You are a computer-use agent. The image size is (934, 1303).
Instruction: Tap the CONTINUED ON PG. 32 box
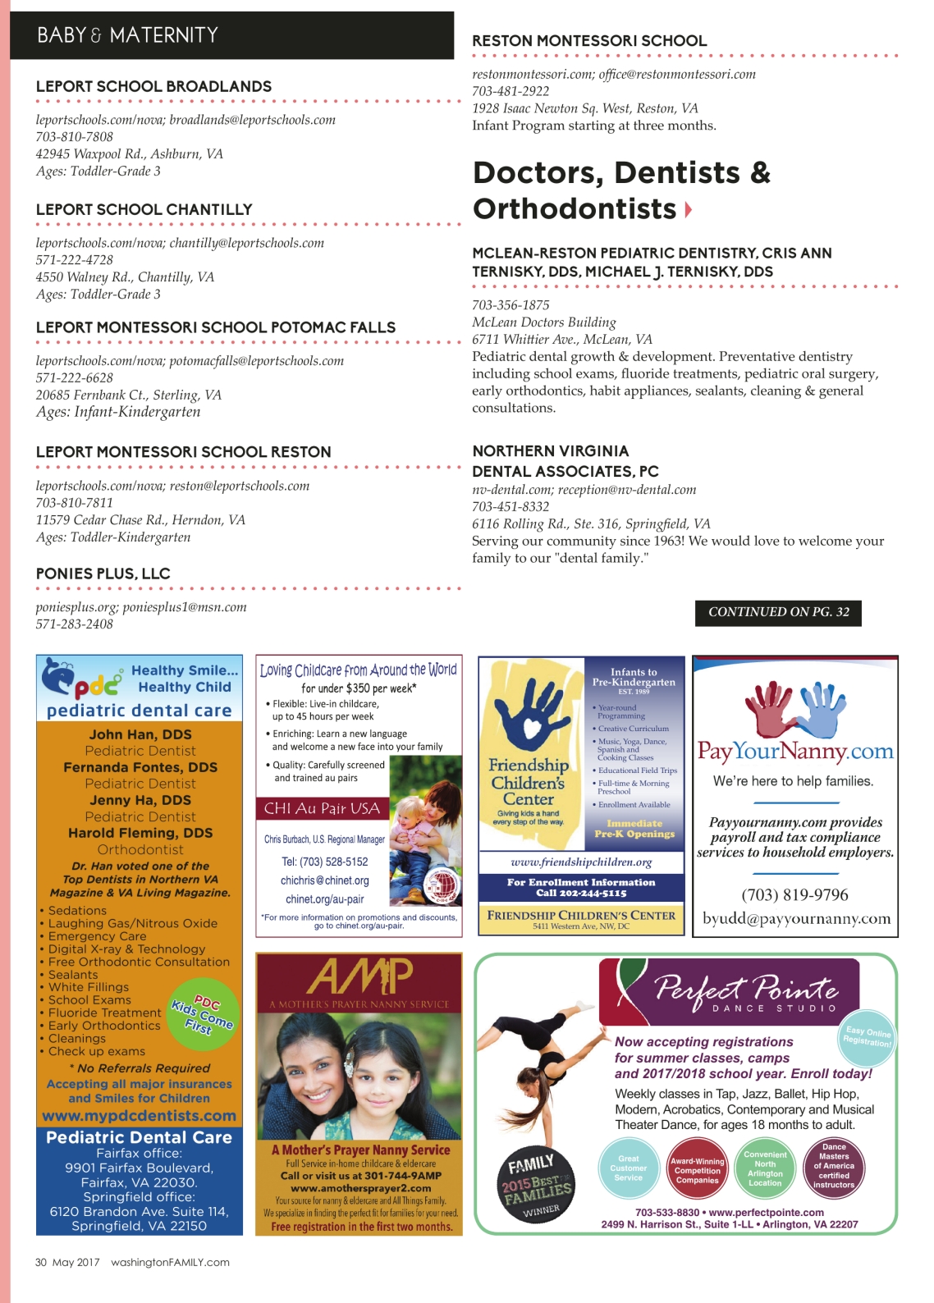pos(778,612)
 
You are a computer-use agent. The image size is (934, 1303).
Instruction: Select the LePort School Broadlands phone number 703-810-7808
pos(75,137)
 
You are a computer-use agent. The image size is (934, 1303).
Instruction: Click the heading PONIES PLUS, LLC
pos(103,574)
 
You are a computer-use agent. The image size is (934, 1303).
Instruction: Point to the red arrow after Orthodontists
pos(688,210)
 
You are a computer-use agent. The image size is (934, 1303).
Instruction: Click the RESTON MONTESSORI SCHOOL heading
pos(589,41)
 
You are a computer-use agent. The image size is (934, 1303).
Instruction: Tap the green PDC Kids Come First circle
pos(203,1014)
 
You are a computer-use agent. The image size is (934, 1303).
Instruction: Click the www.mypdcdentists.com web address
pos(140,1116)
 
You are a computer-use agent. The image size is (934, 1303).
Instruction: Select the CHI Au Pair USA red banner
pos(323,808)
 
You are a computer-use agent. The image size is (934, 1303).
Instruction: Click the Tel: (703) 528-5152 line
pos(325,862)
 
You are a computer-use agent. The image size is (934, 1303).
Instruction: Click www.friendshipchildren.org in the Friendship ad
pos(581,862)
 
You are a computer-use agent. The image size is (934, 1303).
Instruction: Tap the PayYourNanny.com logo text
pos(794,752)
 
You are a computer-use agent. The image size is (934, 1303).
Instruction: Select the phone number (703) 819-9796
pos(794,894)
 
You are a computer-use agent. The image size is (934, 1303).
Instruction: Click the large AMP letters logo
pos(359,977)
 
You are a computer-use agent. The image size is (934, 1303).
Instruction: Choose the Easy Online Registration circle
pos(868,1037)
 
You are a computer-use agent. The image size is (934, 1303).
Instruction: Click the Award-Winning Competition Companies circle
pos(698,1171)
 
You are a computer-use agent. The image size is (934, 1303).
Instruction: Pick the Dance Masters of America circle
pos(834,1166)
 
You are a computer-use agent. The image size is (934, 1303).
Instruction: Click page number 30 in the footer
pos(41,1263)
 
